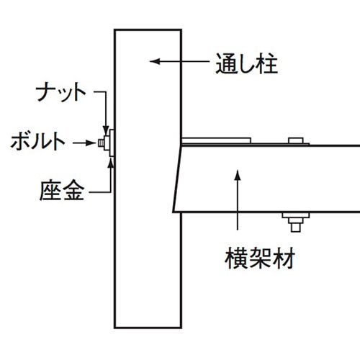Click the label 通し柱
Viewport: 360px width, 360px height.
coord(247,63)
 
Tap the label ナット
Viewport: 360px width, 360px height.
coord(61,92)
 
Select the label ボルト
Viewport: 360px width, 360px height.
coord(38,141)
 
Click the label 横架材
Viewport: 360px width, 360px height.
coord(260,259)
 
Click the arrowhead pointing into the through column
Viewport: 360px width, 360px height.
coord(155,61)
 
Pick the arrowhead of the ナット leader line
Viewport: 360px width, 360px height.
coord(106,130)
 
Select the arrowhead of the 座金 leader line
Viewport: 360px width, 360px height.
coord(111,162)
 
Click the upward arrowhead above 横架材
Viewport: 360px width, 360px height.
coord(238,175)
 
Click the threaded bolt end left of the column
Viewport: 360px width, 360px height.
coord(101,143)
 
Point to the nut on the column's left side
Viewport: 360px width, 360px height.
coord(107,143)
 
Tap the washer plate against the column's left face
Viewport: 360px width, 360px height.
coord(112,143)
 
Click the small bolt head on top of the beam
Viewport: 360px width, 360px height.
coord(296,140)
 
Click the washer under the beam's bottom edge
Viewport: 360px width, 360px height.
coord(296,215)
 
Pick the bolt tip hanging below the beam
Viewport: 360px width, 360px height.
coord(296,228)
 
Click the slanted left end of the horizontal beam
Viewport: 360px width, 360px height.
coord(177,179)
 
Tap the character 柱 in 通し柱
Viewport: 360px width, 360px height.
coord(268,63)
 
